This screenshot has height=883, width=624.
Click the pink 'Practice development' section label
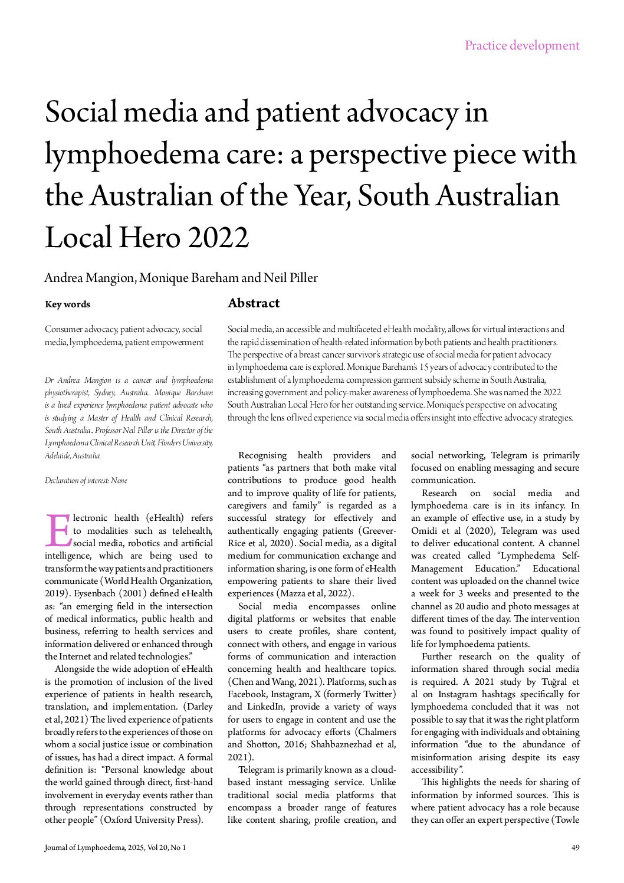pos(521,45)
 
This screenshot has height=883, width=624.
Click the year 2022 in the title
pos(218,238)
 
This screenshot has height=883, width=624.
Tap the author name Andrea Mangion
pos(89,278)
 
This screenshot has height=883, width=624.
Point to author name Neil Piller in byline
pos(291,278)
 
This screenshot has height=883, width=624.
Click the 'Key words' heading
pos(67,304)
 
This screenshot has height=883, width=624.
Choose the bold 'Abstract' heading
pos(254,303)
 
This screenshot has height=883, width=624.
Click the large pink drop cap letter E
pos(58,531)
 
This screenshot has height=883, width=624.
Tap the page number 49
pos(575,848)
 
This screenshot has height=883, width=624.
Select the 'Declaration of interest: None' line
pos(86,481)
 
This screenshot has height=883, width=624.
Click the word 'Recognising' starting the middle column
pos(262,455)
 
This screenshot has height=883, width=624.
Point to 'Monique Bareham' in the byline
pos(189,278)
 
